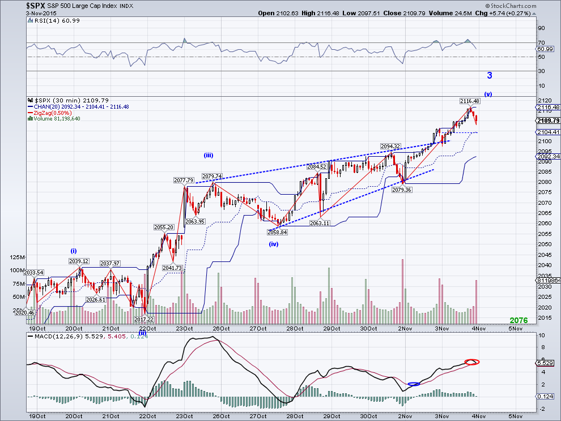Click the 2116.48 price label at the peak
[470, 100]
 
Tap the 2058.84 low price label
[278, 232]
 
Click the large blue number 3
[490, 75]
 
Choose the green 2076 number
[518, 320]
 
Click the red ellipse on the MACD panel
[471, 362]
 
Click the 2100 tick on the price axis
[542, 141]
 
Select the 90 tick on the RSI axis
[541, 28]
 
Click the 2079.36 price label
[402, 190]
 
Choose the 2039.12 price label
[79, 261]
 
